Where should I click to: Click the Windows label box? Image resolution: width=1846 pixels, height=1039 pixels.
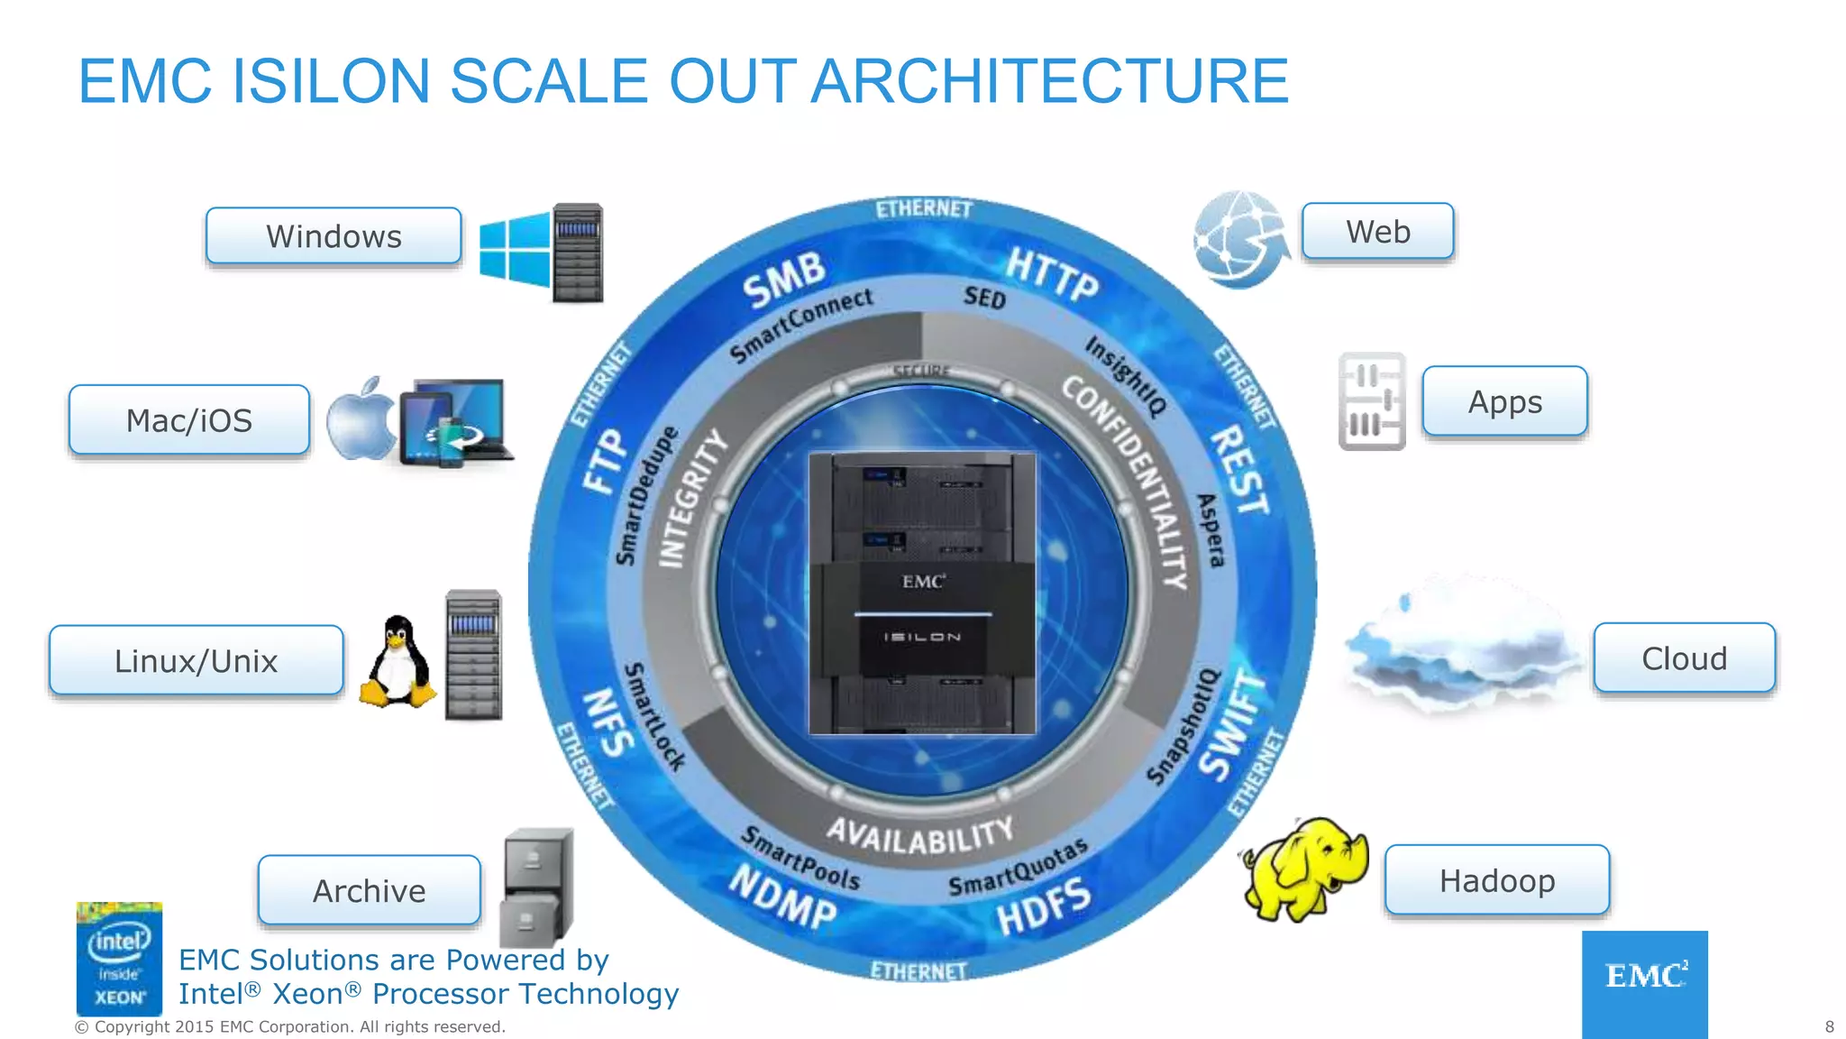(x=334, y=236)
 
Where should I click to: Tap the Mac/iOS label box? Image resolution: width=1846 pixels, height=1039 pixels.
(x=189, y=420)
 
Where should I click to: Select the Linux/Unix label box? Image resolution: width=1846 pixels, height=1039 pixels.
(x=196, y=661)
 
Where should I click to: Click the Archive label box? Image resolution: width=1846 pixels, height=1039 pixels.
(x=370, y=891)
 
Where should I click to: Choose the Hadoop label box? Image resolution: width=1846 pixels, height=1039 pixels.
(x=1497, y=880)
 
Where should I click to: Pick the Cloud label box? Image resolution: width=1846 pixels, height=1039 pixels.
(x=1684, y=658)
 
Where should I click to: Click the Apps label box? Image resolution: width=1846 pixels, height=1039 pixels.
(x=1504, y=401)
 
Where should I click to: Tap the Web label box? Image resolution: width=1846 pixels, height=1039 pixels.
(x=1377, y=232)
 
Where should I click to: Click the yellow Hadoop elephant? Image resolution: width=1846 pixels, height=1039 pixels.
(x=1305, y=868)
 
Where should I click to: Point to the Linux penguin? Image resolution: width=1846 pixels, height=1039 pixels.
(x=398, y=664)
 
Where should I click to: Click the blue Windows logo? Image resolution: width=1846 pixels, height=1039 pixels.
(x=515, y=248)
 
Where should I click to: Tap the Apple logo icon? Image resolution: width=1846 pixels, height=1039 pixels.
(x=361, y=420)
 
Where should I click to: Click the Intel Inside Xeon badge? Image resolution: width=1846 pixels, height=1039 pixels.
(x=119, y=960)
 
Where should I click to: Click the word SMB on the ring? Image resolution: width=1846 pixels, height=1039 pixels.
(x=784, y=279)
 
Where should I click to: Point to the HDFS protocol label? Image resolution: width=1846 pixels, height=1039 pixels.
(x=1044, y=907)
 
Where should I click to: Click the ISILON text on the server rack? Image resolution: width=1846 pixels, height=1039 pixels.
(x=922, y=637)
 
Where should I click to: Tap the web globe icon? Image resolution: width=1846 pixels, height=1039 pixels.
(x=1238, y=240)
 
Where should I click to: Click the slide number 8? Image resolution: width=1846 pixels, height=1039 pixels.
(x=1829, y=1026)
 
